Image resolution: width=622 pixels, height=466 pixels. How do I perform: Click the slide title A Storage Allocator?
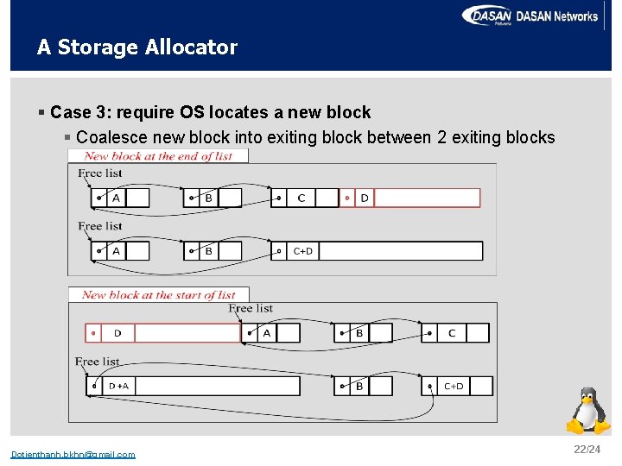coord(136,47)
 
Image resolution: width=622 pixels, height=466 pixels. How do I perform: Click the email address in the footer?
coord(73,455)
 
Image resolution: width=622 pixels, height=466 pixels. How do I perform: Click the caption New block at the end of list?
coord(158,156)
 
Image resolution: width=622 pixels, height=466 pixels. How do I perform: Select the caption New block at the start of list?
coord(159,295)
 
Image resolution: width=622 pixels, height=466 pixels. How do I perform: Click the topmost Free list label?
coord(100,173)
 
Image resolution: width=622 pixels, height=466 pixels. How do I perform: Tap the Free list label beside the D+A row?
coord(98,362)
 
